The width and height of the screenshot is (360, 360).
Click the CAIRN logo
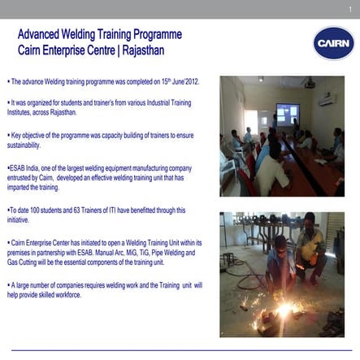333,43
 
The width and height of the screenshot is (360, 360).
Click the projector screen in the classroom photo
288,114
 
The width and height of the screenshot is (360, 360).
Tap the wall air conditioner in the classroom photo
327,101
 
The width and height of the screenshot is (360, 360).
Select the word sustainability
24,145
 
